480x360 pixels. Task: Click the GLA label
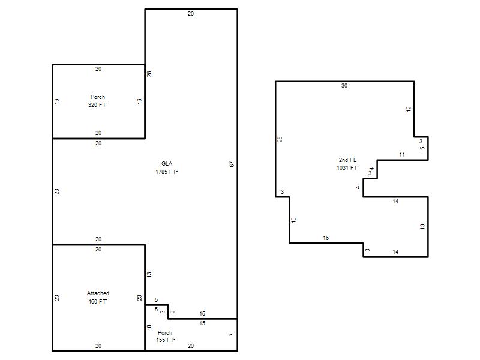pos(167,164)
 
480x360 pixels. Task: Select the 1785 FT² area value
pos(167,172)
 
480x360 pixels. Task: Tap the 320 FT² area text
pos(98,104)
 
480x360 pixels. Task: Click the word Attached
pos(98,293)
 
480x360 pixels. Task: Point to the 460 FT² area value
pos(98,302)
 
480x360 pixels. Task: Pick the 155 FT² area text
pos(166,340)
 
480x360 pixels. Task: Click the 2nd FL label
pos(348,160)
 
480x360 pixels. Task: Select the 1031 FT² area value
pos(348,168)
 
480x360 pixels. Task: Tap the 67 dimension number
pos(232,164)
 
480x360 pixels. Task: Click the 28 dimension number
pos(149,74)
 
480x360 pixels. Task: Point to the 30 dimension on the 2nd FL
pos(344,86)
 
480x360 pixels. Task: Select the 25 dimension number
pos(280,139)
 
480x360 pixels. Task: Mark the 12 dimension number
pos(409,109)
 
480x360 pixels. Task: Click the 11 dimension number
pos(402,155)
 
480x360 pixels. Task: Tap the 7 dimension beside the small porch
pos(232,335)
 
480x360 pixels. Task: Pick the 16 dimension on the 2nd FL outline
pos(326,238)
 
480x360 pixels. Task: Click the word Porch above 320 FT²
pos(98,97)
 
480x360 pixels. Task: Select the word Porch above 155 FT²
pos(165,333)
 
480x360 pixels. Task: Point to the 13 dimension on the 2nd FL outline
pos(422,227)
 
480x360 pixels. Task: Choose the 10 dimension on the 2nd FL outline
pos(293,220)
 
